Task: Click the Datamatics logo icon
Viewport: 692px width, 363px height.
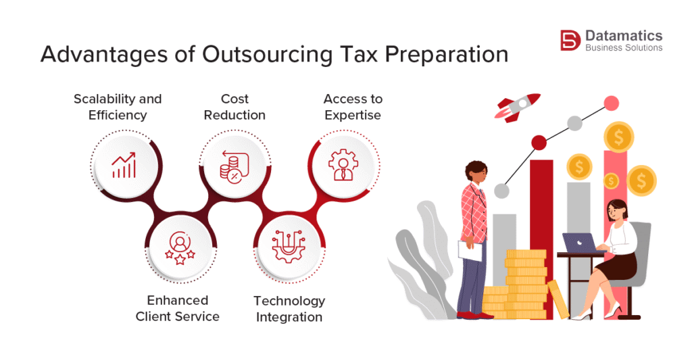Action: pyautogui.click(x=570, y=40)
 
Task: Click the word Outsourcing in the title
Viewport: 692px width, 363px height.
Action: pyautogui.click(x=267, y=55)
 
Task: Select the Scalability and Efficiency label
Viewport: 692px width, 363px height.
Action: pyautogui.click(x=118, y=107)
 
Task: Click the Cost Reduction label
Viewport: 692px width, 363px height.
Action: pyautogui.click(x=234, y=107)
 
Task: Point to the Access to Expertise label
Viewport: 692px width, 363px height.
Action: pyautogui.click(x=353, y=107)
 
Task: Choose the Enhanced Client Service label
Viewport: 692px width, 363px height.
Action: pyautogui.click(x=178, y=308)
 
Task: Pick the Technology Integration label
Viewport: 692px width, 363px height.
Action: pyautogui.click(x=289, y=309)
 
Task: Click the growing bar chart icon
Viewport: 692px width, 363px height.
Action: pyautogui.click(x=124, y=165)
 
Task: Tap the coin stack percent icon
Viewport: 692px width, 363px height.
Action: pyautogui.click(x=234, y=166)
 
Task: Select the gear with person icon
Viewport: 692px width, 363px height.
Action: pyautogui.click(x=343, y=165)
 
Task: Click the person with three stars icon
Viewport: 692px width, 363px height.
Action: pyautogui.click(x=180, y=247)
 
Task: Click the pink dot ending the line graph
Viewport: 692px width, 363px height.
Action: pyautogui.click(x=611, y=103)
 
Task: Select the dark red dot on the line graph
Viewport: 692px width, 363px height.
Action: pyautogui.click(x=539, y=143)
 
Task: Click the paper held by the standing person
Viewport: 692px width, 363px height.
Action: pyautogui.click(x=470, y=251)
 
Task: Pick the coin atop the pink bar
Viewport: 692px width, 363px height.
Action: pyautogui.click(x=619, y=137)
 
